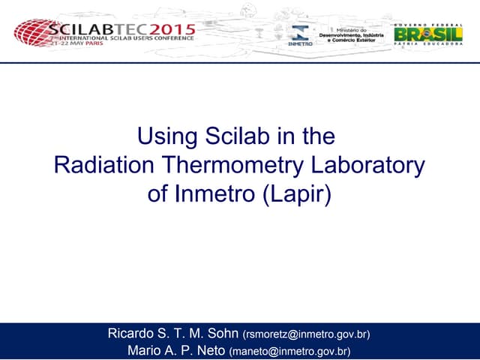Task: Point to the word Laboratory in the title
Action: pos(372,166)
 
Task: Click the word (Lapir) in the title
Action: pos(296,193)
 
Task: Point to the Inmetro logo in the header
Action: pos(300,34)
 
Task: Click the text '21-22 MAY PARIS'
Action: pos(76,44)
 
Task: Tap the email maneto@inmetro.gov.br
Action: pos(289,350)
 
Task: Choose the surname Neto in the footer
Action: pos(209,349)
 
